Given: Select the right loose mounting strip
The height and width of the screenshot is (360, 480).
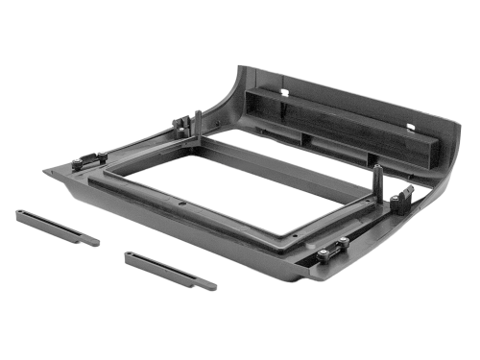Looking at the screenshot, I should [170, 270].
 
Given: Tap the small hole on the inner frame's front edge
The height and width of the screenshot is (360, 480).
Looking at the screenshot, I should [182, 203].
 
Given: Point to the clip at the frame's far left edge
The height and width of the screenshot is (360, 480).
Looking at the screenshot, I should [89, 158].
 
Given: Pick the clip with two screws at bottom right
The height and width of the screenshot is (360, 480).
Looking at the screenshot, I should [332, 252].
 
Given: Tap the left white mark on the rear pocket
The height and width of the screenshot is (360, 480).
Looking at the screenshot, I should [285, 92].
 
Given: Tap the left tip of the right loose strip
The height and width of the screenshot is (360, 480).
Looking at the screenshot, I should [127, 254].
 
